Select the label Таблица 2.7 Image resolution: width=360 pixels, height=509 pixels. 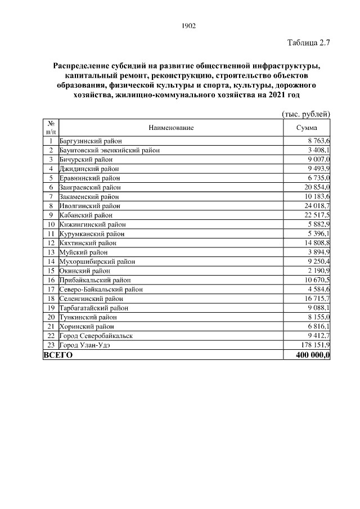tap(308, 43)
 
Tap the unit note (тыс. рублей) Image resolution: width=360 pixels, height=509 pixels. tap(306, 114)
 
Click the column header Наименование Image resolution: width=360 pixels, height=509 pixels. tap(171, 128)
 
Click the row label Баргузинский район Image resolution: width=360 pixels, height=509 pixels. tap(91, 141)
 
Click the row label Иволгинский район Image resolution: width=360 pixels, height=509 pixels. tap(89, 205)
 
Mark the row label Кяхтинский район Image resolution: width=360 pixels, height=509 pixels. tap(88, 243)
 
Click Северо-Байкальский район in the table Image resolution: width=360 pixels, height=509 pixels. tap(101, 289)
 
